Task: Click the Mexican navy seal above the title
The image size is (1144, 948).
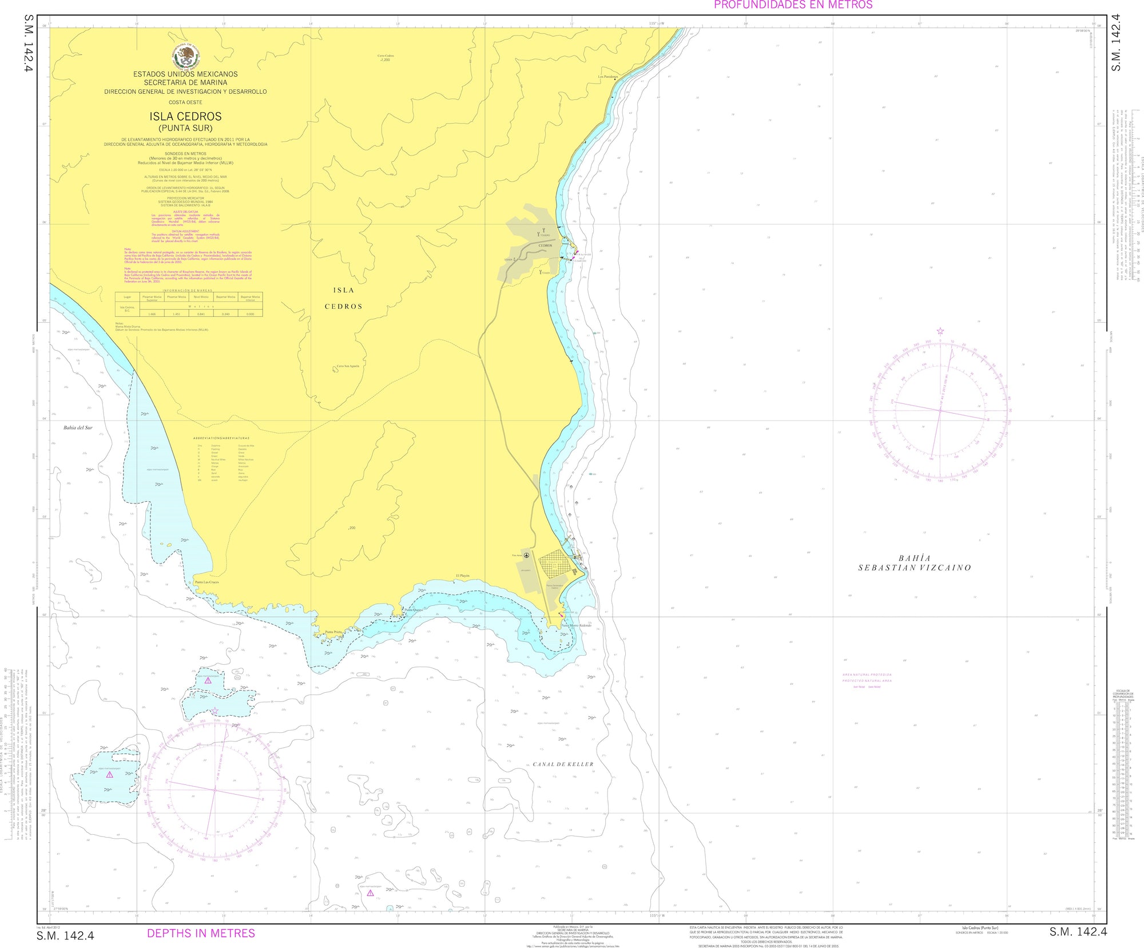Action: tap(186, 55)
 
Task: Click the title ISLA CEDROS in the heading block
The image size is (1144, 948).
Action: tap(185, 116)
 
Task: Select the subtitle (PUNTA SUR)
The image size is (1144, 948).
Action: tap(185, 128)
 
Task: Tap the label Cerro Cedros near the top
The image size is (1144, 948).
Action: tap(386, 56)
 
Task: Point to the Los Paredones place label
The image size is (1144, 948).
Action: tap(608, 77)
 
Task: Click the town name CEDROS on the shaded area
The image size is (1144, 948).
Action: tap(545, 245)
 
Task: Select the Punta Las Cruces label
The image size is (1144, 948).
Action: tap(207, 582)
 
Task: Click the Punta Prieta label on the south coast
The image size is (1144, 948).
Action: tap(333, 632)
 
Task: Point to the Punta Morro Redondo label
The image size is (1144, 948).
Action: tap(576, 625)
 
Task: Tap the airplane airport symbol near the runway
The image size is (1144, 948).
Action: tap(526, 555)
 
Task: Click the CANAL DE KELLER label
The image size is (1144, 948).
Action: tap(563, 764)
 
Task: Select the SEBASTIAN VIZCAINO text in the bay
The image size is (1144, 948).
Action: tap(914, 568)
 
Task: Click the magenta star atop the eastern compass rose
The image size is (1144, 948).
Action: tap(940, 331)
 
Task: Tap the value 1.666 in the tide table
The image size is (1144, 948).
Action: tap(152, 314)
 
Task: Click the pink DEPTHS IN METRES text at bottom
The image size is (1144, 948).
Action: tap(201, 933)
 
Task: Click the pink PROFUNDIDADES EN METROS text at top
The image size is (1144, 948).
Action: tap(793, 5)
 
